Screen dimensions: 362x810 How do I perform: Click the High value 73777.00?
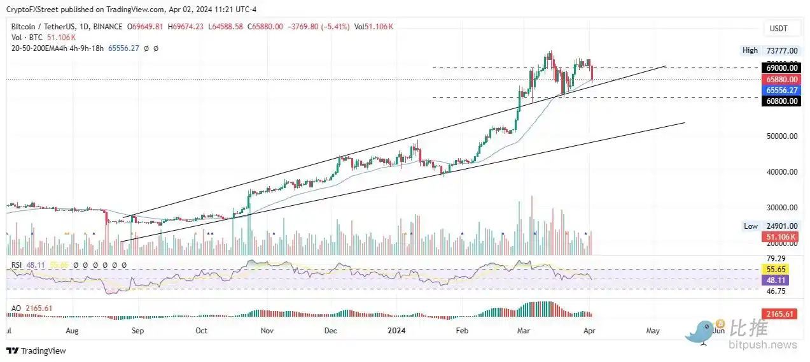tap(779, 50)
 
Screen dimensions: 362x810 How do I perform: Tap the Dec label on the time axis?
tap(331, 331)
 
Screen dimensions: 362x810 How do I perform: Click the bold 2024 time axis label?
tap(396, 331)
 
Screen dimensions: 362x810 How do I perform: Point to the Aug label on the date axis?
tap(72, 331)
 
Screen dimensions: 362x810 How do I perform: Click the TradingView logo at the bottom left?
tap(36, 351)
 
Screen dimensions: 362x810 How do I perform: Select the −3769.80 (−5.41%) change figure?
tap(321, 27)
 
